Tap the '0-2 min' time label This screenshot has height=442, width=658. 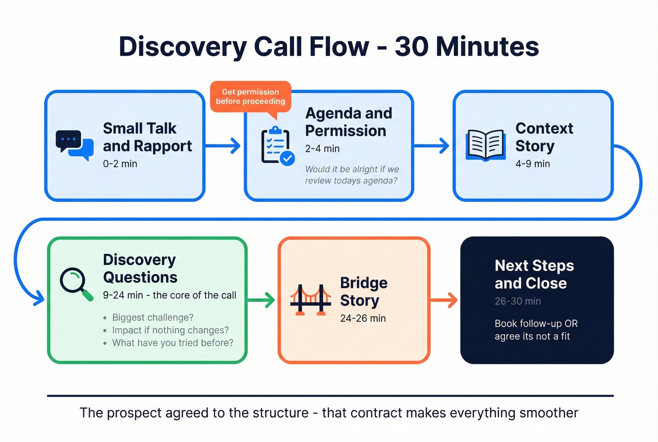tap(120, 164)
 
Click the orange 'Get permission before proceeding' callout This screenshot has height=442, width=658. tap(251, 97)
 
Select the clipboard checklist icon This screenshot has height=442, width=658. tap(277, 146)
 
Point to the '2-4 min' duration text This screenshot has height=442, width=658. tap(322, 149)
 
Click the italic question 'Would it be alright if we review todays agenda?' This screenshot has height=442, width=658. tap(352, 175)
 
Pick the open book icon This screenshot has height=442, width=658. tap(486, 145)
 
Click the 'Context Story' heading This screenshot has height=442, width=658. tap(544, 137)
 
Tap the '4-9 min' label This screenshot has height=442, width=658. tap(533, 164)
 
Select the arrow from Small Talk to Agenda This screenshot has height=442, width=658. tap(224, 145)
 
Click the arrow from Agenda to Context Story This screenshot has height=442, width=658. tap(431, 145)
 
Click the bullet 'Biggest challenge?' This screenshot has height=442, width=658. tap(153, 318)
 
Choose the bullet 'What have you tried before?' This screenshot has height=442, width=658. tap(172, 343)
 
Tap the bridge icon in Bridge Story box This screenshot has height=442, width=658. tap(310, 299)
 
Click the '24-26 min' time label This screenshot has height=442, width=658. tap(363, 319)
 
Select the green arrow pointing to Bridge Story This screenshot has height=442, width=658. tap(261, 300)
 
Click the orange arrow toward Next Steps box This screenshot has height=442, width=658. tap(444, 300)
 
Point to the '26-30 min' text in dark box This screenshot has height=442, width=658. tap(517, 301)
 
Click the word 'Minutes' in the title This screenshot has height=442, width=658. tap(487, 47)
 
